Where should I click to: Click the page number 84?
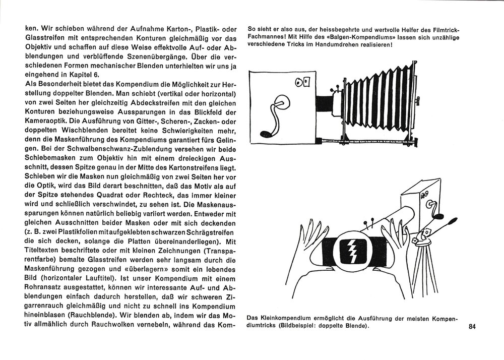tap(472, 326)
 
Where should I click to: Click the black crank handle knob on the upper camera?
tap(265, 133)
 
